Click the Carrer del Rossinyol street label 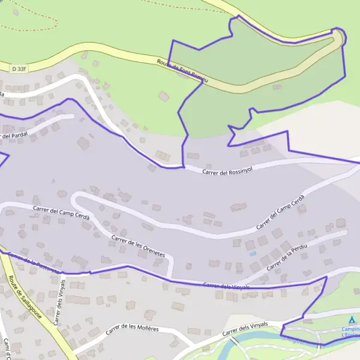pyautogui.click(x=228, y=172)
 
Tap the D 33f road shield pyautogui.click(x=18, y=69)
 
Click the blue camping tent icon pyautogui.click(x=352, y=320)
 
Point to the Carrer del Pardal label pyautogui.click(x=13, y=136)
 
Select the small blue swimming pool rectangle pyautogui.click(x=253, y=254)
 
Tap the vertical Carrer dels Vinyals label pyautogui.click(x=59, y=302)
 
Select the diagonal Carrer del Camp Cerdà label pyautogui.click(x=281, y=212)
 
